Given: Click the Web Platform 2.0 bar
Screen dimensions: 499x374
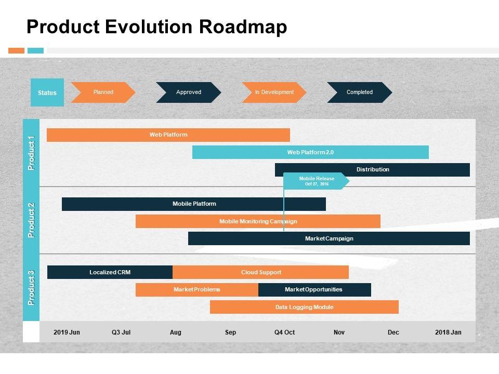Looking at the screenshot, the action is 310,152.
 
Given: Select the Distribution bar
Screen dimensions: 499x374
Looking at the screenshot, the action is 372,169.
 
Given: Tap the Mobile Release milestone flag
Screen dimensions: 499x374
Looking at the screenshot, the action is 317,181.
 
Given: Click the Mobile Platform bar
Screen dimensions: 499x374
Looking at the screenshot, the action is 194,204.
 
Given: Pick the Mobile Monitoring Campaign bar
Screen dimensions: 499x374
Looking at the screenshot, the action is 258,221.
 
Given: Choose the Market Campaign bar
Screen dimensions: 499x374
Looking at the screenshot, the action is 329,238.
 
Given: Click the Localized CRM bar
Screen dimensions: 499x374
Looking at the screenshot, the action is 110,272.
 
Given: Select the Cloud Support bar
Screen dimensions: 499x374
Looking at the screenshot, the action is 260,272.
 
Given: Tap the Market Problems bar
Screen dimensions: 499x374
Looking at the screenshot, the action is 197,290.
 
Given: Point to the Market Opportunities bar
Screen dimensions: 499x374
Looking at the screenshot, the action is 315,290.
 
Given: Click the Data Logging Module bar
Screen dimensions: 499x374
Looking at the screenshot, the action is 304,307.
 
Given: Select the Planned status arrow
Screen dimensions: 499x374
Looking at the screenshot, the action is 103,92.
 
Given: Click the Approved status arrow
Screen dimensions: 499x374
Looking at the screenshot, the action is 189,92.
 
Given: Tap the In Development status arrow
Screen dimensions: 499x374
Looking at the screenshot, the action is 274,92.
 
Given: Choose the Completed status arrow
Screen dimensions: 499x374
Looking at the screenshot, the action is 360,92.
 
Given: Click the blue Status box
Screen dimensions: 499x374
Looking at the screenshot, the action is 47,92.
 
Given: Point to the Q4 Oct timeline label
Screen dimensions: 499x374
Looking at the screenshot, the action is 284,332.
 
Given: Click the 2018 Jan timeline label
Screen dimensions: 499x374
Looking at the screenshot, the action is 448,332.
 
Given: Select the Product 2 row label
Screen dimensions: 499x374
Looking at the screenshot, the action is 31,220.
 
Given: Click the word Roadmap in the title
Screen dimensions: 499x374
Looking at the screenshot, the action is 243,26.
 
